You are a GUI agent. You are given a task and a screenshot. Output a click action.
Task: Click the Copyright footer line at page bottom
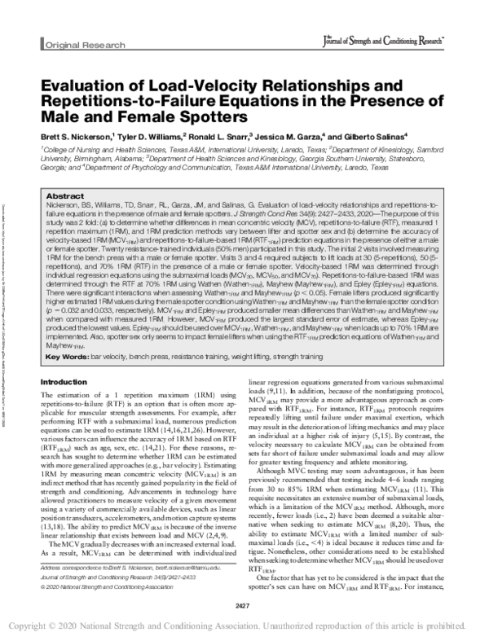point(244,622)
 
